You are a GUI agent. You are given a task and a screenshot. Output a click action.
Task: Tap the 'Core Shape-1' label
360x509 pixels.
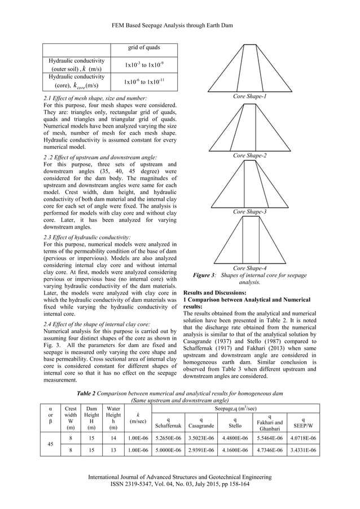tap(249, 97)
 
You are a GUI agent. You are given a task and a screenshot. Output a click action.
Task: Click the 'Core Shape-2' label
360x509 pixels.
tap(249, 154)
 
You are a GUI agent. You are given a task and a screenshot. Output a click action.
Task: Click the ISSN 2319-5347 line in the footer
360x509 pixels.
tap(179, 484)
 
